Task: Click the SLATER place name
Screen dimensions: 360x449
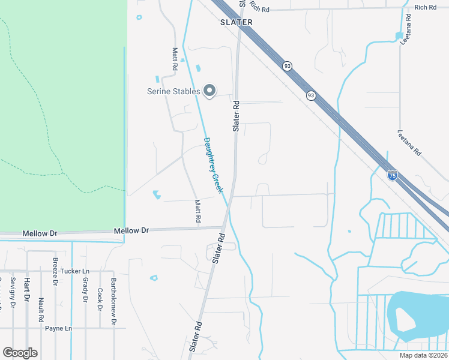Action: (x=231, y=22)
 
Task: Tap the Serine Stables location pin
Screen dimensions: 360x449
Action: (x=209, y=91)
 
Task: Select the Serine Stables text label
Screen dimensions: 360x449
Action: (x=173, y=91)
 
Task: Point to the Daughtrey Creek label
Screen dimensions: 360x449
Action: (x=213, y=165)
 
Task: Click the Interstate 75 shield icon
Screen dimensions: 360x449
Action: (x=392, y=175)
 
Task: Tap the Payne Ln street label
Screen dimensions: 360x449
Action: (x=58, y=328)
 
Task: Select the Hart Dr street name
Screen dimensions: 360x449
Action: (x=26, y=289)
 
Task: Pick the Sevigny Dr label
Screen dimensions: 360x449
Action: (x=12, y=293)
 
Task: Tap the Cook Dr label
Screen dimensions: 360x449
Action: (x=99, y=299)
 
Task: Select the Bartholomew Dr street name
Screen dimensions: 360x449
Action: (x=113, y=302)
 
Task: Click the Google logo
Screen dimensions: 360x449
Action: (x=20, y=353)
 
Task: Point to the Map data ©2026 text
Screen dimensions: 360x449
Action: (x=423, y=355)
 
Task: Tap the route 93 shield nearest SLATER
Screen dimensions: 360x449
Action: (x=288, y=65)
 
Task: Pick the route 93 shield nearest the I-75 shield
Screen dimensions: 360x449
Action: (x=310, y=95)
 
